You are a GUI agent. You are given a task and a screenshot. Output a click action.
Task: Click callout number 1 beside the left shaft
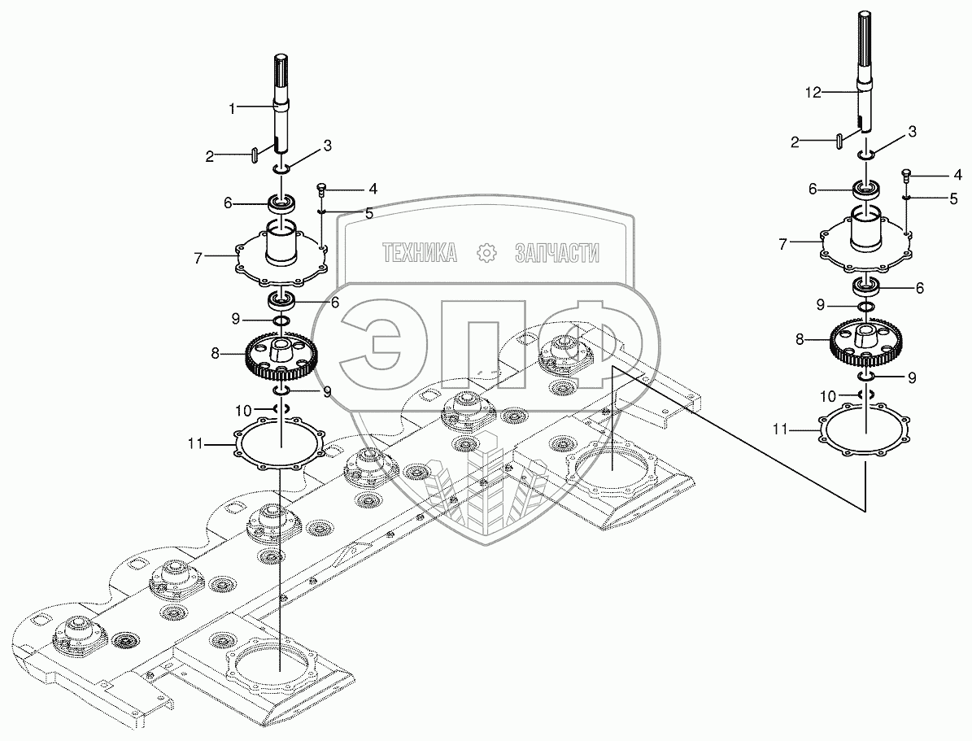coord(232,107)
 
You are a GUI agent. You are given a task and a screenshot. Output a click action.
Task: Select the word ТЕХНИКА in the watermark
coord(420,253)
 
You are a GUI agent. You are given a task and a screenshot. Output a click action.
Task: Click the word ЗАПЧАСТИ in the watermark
coord(557,253)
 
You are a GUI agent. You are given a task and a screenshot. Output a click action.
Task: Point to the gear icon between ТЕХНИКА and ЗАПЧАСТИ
coord(486,253)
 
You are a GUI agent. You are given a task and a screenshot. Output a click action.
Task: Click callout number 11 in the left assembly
coord(195,444)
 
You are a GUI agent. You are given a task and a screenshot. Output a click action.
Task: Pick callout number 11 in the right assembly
coord(780,429)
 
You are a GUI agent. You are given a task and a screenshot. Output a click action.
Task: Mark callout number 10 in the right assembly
coord(827,396)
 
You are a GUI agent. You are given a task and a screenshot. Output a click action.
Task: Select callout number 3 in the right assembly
coord(913,131)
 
